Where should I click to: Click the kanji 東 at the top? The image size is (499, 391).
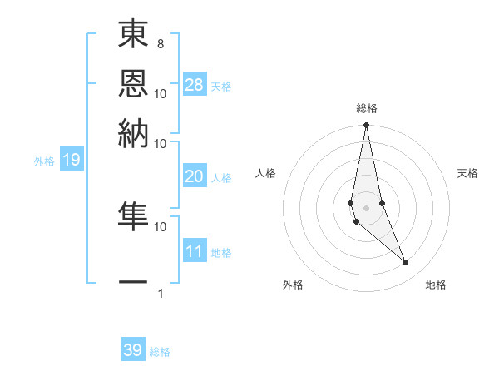pos(134,37)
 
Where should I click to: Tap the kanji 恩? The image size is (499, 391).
pos(134,85)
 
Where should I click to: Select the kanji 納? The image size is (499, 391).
pos(134,133)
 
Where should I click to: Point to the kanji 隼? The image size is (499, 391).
pos(134,217)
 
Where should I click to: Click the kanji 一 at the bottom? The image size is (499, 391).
pos(134,282)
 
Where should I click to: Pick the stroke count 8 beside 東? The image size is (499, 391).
pos(160,43)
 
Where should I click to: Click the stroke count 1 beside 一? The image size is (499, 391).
pos(160,294)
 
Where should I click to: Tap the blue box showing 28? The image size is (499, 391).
pos(195,84)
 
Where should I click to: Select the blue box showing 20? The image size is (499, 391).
pos(194,176)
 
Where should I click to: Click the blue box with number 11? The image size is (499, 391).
pos(194,251)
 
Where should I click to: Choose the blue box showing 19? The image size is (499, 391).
pos(71,160)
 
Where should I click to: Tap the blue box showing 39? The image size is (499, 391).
pos(133,350)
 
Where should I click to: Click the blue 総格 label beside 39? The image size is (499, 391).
pos(160,352)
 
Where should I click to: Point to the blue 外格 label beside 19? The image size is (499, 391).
pos(44,161)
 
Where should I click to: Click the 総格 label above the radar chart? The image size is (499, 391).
pos(367,108)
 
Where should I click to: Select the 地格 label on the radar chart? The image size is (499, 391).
pos(436,285)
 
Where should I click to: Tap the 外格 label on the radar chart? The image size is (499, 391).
pos(293,285)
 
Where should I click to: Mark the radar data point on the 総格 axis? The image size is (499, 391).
pos(366,126)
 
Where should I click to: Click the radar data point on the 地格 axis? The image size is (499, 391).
pos(406,263)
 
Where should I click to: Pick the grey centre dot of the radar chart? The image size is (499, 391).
pos(366,207)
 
